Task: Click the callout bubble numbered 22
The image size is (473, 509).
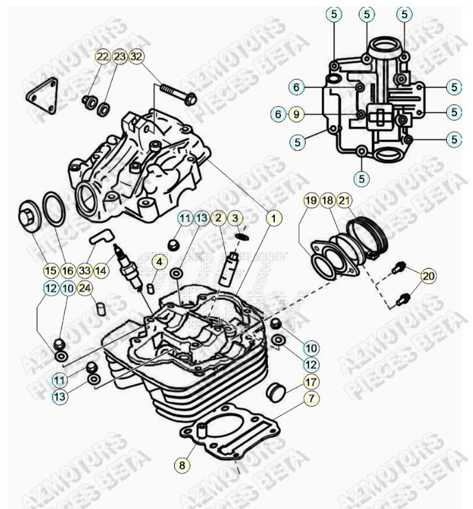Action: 102,56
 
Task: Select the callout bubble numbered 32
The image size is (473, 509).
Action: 136,56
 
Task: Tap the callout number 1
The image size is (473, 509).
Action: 273,218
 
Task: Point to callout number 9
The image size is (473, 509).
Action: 295,114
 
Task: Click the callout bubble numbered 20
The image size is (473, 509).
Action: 428,276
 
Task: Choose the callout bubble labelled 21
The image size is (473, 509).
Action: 344,200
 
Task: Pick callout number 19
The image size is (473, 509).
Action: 311,200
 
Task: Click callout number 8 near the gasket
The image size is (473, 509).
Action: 182,465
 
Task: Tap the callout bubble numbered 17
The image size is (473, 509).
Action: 311,381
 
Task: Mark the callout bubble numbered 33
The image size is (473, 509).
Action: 84,270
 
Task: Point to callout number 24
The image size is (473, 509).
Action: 84,288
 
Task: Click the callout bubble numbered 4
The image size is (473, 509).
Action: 158,262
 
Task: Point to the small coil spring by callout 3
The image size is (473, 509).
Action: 240,237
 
